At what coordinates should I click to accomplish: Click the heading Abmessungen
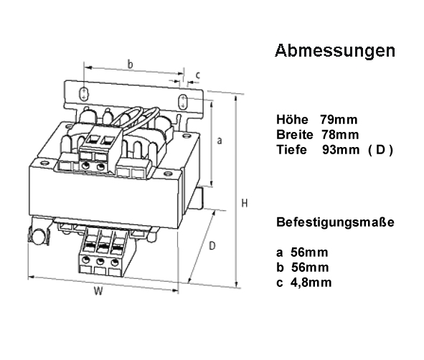tap(335, 50)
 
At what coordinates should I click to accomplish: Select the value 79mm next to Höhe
tap(339, 120)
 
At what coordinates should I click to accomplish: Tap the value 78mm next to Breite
tap(340, 135)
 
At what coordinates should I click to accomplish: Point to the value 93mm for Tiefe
tap(341, 150)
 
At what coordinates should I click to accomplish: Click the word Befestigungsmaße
tap(335, 222)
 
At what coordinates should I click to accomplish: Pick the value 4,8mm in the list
tap(311, 283)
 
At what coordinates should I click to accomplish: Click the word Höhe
tap(292, 120)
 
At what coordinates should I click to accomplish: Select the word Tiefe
tap(291, 150)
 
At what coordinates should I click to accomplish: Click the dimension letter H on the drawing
tap(245, 203)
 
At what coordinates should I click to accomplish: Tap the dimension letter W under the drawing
tap(98, 291)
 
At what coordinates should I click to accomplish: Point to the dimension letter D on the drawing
tap(212, 246)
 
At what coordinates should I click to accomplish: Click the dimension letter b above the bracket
tap(131, 65)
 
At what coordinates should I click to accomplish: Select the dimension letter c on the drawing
tap(198, 75)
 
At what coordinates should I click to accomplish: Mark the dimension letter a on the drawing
tap(220, 141)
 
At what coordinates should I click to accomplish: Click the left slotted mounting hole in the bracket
tap(84, 93)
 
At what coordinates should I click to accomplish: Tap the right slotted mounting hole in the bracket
tap(183, 102)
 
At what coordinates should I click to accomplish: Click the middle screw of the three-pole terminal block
tap(100, 261)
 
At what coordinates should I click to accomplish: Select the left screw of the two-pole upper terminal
tap(85, 166)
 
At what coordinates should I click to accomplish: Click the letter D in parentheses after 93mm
tap(380, 150)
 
